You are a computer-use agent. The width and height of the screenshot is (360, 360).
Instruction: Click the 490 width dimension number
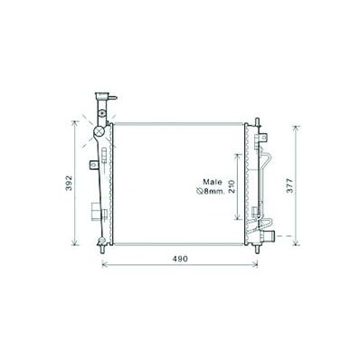click(180, 259)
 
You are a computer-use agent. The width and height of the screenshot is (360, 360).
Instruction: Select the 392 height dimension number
click(70, 183)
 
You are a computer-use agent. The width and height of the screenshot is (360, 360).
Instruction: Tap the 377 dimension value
click(289, 185)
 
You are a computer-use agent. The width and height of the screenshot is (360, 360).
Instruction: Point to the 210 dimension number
click(232, 186)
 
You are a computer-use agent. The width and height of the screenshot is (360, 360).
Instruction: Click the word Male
click(213, 182)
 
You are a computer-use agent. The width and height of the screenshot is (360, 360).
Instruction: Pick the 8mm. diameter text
click(215, 191)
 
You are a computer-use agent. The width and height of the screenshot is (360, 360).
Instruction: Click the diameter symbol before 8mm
click(200, 191)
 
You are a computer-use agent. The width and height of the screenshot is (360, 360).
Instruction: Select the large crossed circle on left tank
click(99, 131)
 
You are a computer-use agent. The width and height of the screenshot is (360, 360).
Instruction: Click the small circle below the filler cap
click(102, 113)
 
